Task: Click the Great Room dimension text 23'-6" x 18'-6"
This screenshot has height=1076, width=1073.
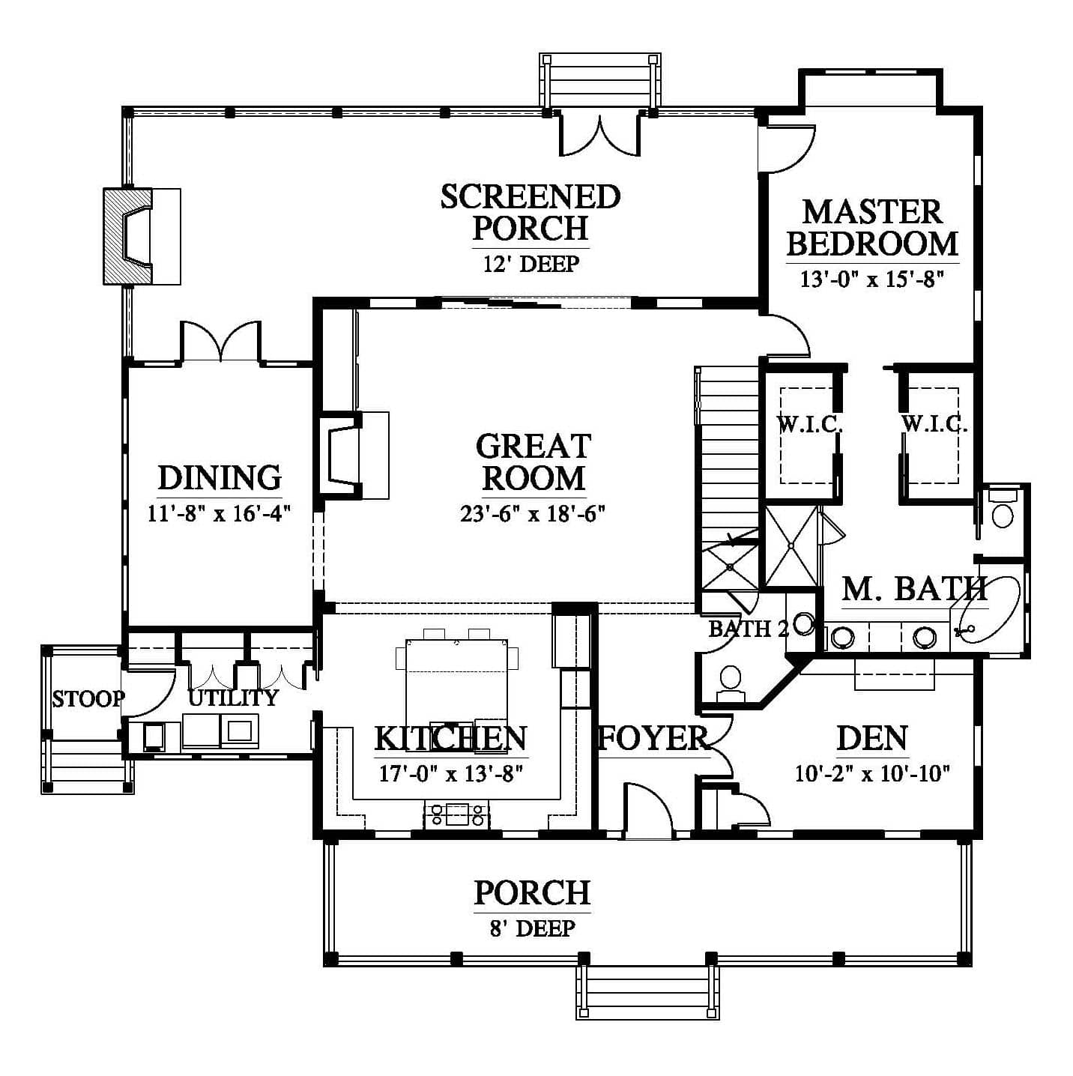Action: coord(533,513)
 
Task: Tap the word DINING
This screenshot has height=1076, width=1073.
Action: coord(220,478)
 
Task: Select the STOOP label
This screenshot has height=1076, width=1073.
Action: coord(88,698)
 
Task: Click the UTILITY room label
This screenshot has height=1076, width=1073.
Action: coord(233,698)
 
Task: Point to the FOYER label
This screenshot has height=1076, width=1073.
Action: coord(653,737)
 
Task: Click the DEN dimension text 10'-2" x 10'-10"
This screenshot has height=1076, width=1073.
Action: coord(872,773)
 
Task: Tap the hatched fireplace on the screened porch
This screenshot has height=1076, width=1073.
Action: coord(128,236)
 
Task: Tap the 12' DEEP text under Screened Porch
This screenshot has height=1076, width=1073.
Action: coord(530,264)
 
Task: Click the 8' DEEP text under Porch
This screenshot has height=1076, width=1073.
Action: coord(532,928)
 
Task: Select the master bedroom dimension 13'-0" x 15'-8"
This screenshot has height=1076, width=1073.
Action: coord(872,279)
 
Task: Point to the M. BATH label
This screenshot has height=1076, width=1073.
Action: coord(914,587)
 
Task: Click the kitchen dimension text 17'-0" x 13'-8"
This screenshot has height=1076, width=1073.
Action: coord(451,773)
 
